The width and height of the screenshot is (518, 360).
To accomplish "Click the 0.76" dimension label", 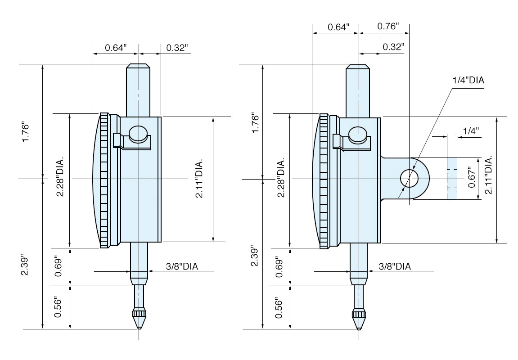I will point(387,27).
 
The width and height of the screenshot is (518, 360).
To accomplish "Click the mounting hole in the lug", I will point(410,179).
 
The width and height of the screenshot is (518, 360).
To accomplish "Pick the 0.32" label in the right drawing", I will point(393,47).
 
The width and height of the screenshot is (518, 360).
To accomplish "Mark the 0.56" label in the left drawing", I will point(58,307).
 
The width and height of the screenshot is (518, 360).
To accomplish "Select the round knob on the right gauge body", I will point(358,134).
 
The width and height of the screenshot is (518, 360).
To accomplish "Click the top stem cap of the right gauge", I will point(358,68).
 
